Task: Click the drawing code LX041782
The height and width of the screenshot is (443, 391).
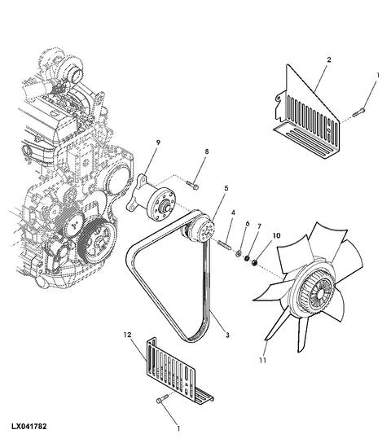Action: [x=29, y=427]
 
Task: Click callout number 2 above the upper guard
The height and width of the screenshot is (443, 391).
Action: [x=328, y=60]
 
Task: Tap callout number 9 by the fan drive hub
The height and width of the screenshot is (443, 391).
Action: [x=158, y=143]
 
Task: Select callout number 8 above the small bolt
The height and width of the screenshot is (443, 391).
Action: [x=207, y=151]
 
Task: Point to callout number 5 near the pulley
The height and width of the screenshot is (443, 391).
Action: [x=226, y=188]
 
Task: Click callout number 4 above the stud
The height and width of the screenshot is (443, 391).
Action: [x=233, y=213]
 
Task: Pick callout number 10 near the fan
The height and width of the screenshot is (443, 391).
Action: [x=277, y=235]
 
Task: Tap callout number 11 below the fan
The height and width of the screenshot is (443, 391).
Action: [x=263, y=361]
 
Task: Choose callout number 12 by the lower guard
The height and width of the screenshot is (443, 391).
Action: [x=127, y=335]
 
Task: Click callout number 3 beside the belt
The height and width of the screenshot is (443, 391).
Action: [x=227, y=336]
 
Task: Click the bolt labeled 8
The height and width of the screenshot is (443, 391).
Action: [x=193, y=185]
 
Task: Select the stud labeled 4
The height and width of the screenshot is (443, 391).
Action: [x=225, y=244]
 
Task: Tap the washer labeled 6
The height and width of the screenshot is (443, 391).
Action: [x=239, y=253]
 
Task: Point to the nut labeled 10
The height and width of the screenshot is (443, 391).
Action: [x=254, y=262]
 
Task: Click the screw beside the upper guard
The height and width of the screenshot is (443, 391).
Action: [x=358, y=112]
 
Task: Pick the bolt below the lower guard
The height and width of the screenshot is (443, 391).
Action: [x=161, y=399]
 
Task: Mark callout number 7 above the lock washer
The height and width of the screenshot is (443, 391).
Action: [x=259, y=226]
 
